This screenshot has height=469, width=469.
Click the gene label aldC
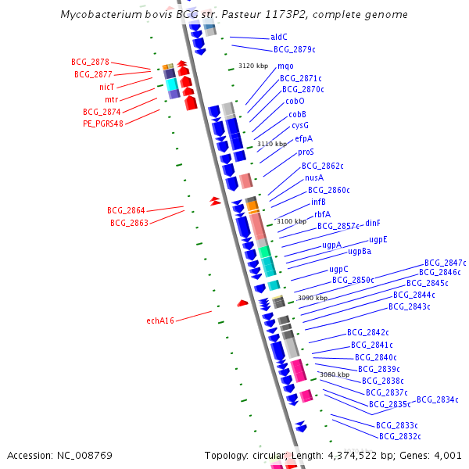279,37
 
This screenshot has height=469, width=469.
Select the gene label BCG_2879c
294,49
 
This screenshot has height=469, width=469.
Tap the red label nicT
106,87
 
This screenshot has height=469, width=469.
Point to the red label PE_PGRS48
103,124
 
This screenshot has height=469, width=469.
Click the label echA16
160,320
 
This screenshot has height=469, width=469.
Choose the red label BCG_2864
126,211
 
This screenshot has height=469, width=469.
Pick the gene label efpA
304,138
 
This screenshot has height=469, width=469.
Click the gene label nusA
314,177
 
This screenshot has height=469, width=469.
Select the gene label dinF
373,223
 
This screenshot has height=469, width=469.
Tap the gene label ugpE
378,239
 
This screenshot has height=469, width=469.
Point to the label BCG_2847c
445,263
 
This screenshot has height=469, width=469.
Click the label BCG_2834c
437,399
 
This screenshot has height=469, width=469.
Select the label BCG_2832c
399,436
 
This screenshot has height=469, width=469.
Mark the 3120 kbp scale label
253,66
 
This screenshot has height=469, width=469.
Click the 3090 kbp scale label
313,298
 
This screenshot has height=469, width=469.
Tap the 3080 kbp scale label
335,374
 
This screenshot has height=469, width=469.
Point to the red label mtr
111,99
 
